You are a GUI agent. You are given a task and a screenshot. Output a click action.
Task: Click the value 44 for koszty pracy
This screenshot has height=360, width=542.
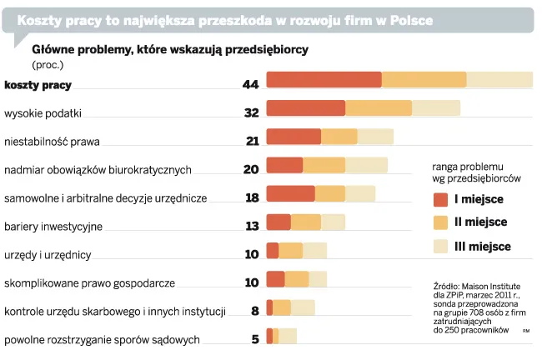(250, 84)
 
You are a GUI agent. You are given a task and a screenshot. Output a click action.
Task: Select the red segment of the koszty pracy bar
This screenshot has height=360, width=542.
(324, 80)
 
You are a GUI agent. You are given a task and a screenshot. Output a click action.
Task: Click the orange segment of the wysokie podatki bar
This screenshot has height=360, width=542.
(378, 108)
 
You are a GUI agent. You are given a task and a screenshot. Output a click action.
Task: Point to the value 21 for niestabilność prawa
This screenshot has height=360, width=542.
(252, 141)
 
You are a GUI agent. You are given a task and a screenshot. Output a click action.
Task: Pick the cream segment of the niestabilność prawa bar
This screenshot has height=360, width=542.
(375, 137)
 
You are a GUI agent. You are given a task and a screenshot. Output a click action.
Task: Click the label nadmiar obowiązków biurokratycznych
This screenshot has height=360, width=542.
(98, 169)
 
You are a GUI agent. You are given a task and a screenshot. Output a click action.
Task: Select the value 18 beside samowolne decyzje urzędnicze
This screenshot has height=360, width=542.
(252, 197)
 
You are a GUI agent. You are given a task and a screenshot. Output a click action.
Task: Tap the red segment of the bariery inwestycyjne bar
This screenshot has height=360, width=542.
(279, 222)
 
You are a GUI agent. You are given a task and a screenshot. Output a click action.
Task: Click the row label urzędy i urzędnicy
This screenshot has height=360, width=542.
(48, 254)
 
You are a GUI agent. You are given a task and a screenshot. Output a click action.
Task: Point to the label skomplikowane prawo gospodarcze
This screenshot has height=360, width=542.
(89, 282)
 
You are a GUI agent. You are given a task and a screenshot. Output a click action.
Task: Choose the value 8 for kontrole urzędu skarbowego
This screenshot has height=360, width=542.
(255, 311)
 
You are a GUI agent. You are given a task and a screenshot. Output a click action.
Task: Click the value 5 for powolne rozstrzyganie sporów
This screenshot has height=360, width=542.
(255, 339)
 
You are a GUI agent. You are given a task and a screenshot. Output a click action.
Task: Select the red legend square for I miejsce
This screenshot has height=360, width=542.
(441, 199)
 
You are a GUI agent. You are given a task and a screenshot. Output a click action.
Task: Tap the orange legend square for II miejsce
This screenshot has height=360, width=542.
(441, 222)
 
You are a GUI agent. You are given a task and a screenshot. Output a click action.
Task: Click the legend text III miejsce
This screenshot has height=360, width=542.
(482, 247)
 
